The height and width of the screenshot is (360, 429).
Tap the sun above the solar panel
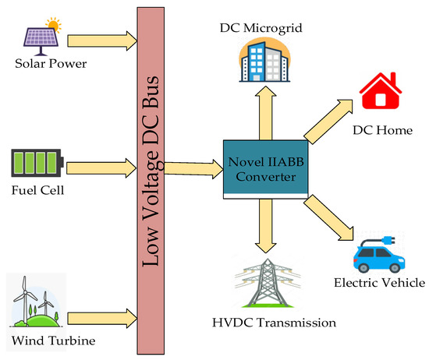click(54, 23)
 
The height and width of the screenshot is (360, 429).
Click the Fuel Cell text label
click(37, 189)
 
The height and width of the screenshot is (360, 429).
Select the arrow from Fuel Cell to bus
click(101, 166)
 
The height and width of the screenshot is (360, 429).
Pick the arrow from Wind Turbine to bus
click(101, 317)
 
